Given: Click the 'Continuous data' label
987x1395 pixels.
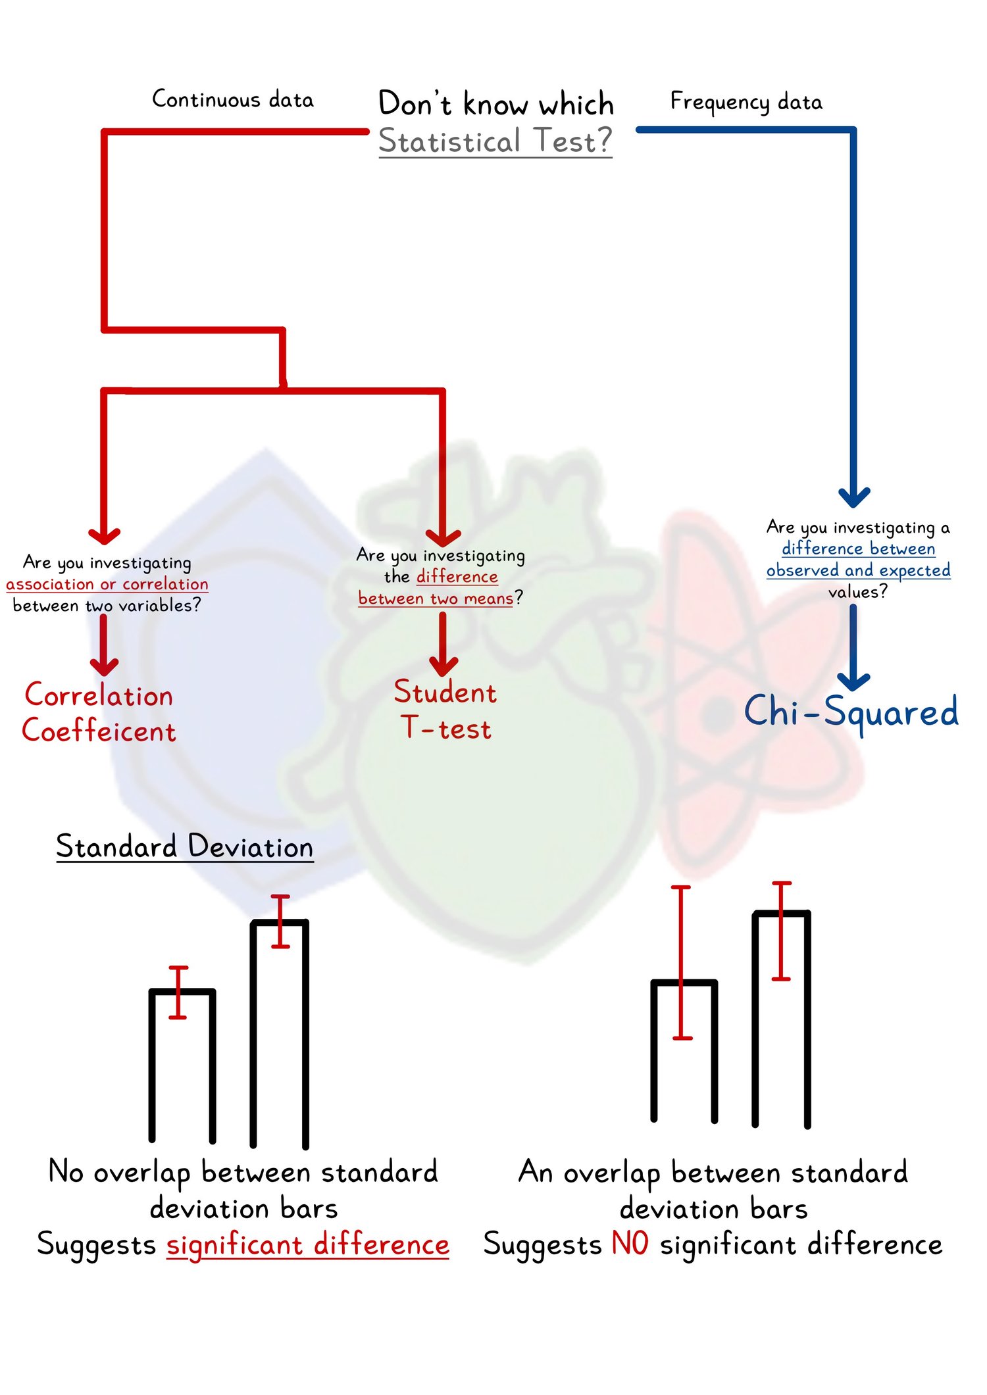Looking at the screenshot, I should pyautogui.click(x=233, y=99).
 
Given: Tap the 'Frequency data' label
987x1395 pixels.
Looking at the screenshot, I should pyautogui.click(x=746, y=102).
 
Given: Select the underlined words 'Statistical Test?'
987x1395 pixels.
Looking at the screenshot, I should pyautogui.click(x=495, y=141).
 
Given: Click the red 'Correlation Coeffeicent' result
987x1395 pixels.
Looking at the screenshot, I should pyautogui.click(x=99, y=713).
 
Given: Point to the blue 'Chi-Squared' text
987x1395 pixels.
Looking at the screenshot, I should pyautogui.click(x=851, y=712).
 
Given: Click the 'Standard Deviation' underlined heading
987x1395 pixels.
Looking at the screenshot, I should pyautogui.click(x=184, y=846).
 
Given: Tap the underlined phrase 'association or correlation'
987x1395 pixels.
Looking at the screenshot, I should pyautogui.click(x=107, y=584).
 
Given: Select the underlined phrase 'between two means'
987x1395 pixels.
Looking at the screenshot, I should pyautogui.click(x=436, y=599).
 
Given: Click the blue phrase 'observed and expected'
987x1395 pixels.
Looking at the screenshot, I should pyautogui.click(x=858, y=570).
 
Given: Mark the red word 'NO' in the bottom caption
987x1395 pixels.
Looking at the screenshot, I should pyautogui.click(x=630, y=1243).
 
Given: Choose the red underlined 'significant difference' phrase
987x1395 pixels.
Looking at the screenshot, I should pyautogui.click(x=307, y=1245).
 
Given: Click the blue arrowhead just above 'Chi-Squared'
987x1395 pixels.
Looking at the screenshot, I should pyautogui.click(x=853, y=681).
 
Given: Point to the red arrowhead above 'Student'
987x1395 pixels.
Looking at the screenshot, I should pyautogui.click(x=443, y=667).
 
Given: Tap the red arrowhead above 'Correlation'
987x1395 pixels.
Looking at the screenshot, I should pyautogui.click(x=104, y=666).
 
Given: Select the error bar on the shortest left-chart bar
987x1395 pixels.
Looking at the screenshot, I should pyautogui.click(x=178, y=992).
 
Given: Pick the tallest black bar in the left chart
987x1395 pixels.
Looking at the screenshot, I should pyautogui.click(x=280, y=1033).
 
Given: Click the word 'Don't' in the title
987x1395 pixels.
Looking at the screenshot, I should pyautogui.click(x=415, y=104).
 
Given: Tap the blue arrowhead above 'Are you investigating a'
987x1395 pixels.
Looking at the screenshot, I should pyautogui.click(x=853, y=497).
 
